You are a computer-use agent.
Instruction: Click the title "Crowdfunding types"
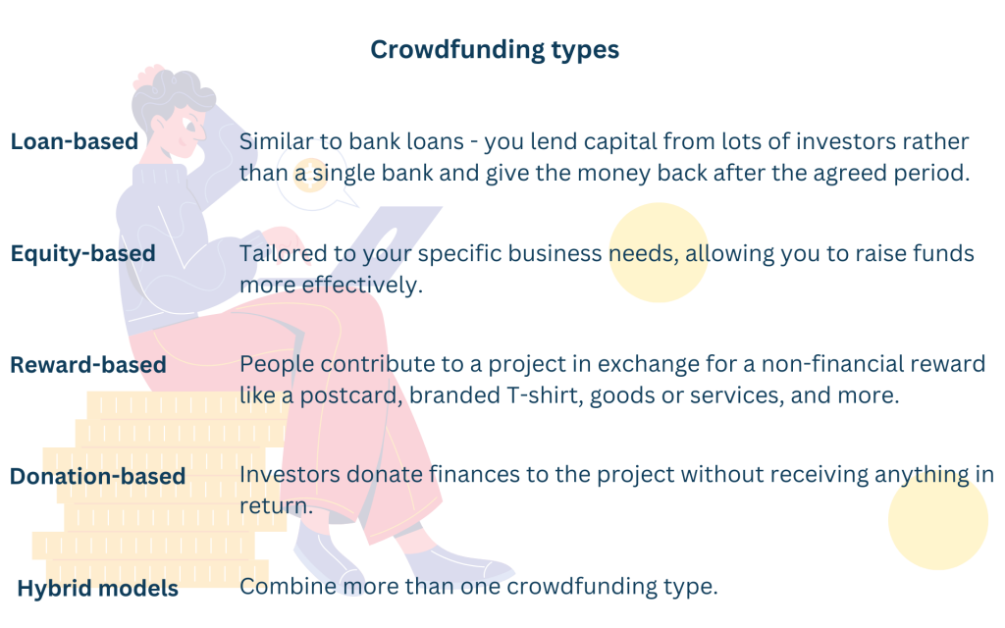point(495,50)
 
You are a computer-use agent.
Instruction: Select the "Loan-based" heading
point(75,141)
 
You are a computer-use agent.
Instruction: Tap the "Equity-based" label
point(82,254)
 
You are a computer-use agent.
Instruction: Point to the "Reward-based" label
point(88,365)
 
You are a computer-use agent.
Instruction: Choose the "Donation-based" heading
point(98,476)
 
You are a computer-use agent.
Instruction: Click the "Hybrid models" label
point(98,589)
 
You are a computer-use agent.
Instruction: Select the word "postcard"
point(351,395)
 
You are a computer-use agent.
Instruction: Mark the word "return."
point(276,506)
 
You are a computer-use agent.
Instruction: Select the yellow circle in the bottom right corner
point(937,520)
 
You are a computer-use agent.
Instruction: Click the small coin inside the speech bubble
point(310,175)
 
